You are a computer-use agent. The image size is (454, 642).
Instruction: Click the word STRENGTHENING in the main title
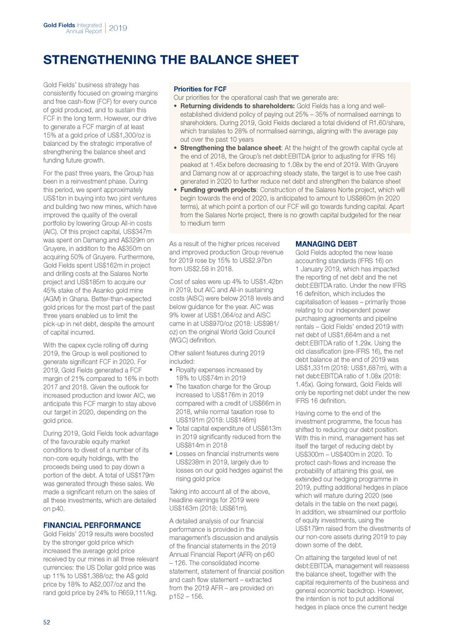coord(92,60)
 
